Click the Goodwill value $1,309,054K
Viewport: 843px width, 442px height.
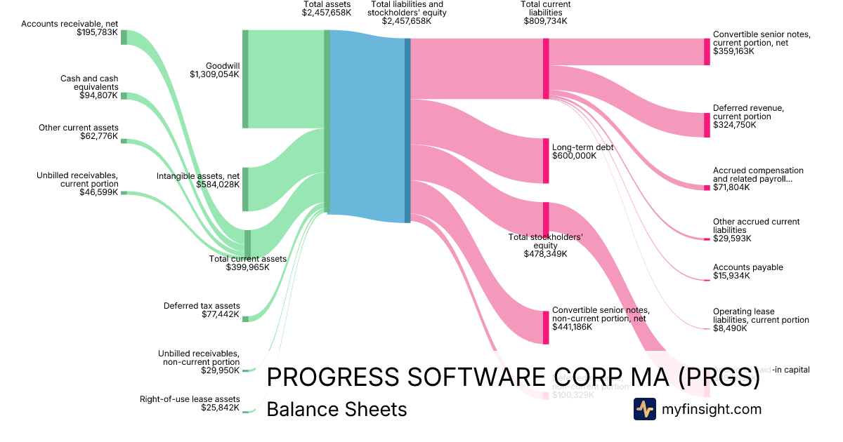(x=214, y=74)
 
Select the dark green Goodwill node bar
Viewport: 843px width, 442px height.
(x=245, y=79)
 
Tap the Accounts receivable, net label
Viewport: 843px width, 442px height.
(x=70, y=24)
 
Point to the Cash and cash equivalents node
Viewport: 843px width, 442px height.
(x=124, y=95)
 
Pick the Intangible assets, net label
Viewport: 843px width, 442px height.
(x=198, y=175)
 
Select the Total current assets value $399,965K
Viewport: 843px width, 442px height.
(x=247, y=267)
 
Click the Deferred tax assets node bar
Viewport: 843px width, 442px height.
(x=245, y=319)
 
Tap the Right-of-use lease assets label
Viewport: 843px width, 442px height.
(x=190, y=399)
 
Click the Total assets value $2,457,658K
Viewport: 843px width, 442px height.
(x=327, y=13)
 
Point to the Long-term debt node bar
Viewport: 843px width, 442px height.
(x=546, y=161)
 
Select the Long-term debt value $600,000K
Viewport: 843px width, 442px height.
(x=574, y=156)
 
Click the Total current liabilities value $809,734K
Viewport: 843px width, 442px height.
(x=546, y=21)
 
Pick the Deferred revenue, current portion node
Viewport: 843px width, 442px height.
(x=707, y=125)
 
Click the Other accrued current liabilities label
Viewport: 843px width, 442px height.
(x=756, y=226)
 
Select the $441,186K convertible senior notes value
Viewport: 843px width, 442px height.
(x=572, y=327)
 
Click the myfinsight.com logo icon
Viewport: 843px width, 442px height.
(x=644, y=409)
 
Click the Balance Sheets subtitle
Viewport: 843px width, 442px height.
(x=336, y=409)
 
